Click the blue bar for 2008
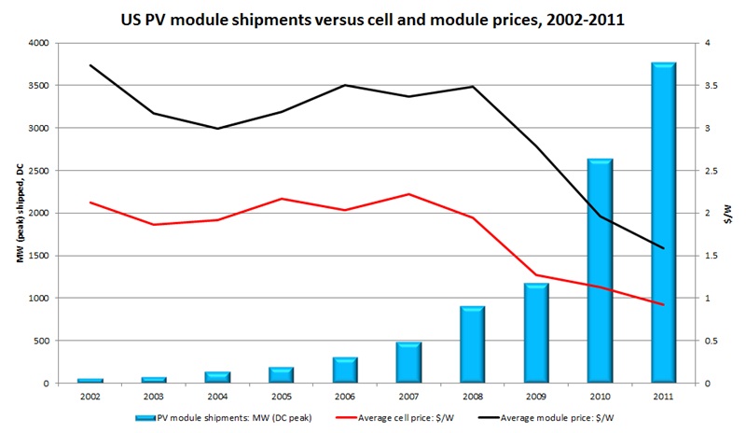tap(473, 344)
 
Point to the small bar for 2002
tap(90, 380)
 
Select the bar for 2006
tap(345, 370)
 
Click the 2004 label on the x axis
tap(217, 397)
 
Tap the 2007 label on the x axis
tap(408, 397)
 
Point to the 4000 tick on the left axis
tap(40, 43)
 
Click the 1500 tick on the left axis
tap(40, 256)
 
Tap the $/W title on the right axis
tap(733, 214)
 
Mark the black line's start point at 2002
tap(90, 65)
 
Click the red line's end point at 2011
tap(663, 305)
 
